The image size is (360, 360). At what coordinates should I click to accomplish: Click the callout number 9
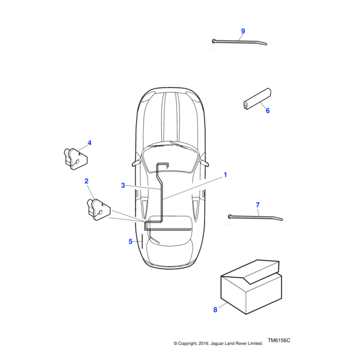click(243, 31)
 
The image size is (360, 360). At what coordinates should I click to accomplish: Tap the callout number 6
click(268, 110)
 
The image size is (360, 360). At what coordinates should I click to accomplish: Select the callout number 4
click(89, 143)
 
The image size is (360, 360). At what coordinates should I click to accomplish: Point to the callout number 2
click(86, 181)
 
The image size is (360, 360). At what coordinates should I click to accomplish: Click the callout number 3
click(123, 185)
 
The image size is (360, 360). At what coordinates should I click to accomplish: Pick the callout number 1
click(225, 175)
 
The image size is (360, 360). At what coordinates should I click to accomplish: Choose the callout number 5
click(130, 242)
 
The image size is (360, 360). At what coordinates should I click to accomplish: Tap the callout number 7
click(257, 205)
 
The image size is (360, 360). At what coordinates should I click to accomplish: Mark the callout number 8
click(215, 310)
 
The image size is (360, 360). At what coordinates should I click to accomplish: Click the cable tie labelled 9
click(239, 42)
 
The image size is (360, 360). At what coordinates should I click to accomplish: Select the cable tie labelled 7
click(256, 217)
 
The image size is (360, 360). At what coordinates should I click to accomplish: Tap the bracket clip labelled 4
click(76, 159)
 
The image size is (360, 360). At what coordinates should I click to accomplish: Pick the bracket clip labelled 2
click(98, 209)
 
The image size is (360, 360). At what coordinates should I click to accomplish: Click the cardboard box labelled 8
click(251, 287)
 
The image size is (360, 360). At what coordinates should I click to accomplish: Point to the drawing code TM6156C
click(279, 340)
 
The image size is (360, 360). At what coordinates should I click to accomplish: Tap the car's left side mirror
click(136, 163)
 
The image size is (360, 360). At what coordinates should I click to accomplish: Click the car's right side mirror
click(205, 163)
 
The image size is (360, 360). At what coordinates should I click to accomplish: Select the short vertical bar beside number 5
click(142, 242)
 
